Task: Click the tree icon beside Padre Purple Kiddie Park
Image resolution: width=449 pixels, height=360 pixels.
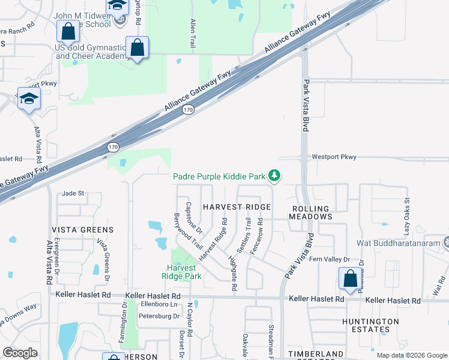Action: (x=274, y=176)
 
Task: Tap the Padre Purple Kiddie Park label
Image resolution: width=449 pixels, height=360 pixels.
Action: (x=219, y=176)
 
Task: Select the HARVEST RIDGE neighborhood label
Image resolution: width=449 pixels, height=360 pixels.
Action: (x=237, y=207)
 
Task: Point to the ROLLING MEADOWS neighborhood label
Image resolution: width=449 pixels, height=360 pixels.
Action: (x=310, y=212)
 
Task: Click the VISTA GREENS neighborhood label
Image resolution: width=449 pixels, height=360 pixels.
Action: (x=82, y=230)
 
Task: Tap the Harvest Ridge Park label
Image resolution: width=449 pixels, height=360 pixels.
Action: (x=179, y=272)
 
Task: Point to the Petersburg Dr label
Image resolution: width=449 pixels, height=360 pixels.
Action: (x=158, y=316)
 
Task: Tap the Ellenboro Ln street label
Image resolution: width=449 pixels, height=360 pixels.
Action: (x=156, y=304)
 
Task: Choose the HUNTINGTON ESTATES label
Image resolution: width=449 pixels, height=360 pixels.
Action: (x=370, y=326)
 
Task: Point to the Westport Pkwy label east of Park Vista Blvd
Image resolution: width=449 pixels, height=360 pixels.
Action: (x=334, y=157)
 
